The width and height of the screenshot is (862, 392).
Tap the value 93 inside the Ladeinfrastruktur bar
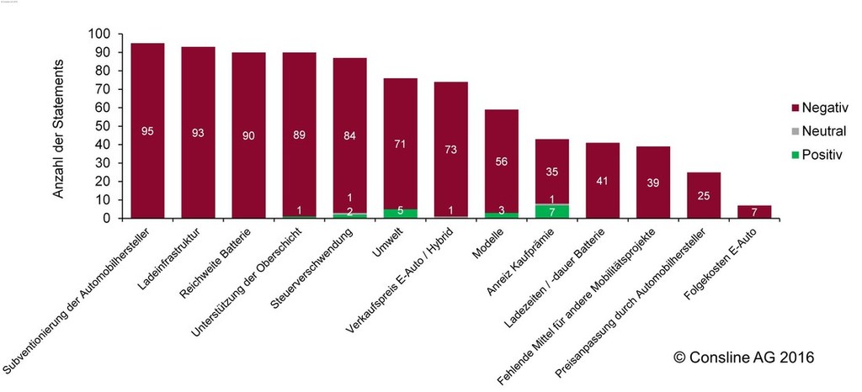click(198, 132)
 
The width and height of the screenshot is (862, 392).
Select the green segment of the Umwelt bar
click(401, 213)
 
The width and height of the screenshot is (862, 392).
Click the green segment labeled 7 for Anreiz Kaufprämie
click(552, 211)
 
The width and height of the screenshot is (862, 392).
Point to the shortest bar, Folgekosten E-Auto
click(754, 211)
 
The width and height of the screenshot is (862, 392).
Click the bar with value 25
click(704, 195)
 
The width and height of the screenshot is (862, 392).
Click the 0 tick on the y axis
click(106, 218)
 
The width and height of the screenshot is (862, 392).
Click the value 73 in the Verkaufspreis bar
click(451, 150)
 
